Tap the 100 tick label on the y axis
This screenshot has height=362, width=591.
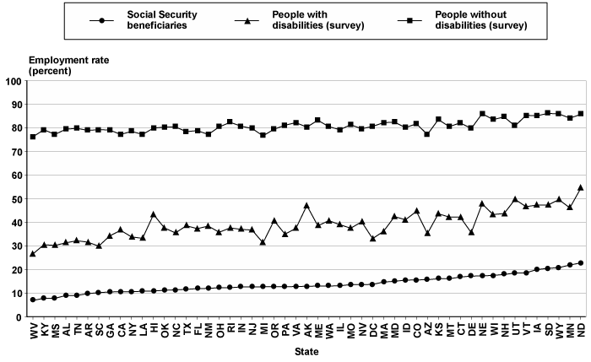coord(14,81)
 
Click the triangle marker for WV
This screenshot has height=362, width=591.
coord(33,253)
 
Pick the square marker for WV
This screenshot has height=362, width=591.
coord(33,137)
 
